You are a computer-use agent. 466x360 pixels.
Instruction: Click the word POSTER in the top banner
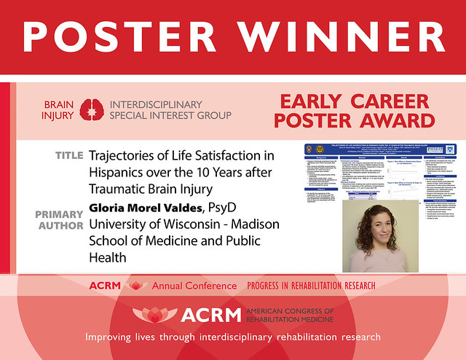(x=121, y=36)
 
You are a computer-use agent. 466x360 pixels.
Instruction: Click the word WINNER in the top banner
(x=339, y=36)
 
